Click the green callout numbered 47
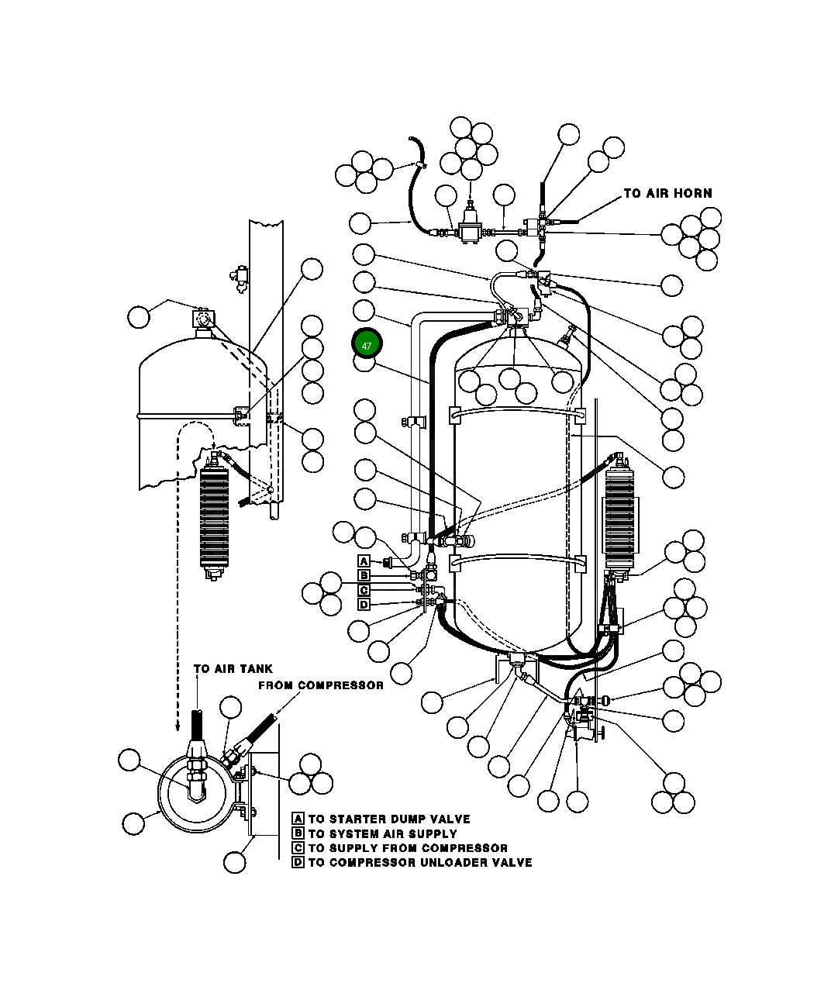tap(367, 345)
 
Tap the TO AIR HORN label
tap(667, 193)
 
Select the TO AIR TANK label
tap(233, 668)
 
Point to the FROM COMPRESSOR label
tap(320, 685)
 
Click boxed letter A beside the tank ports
tap(364, 561)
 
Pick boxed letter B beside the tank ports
tap(364, 575)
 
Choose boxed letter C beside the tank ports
tap(364, 590)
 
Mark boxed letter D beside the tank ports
tap(364, 604)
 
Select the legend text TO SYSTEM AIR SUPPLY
tap(382, 833)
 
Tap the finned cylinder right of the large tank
tap(619, 519)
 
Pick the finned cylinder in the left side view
tap(215, 518)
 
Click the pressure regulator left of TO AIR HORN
tap(470, 227)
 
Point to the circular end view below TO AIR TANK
tap(195, 791)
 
